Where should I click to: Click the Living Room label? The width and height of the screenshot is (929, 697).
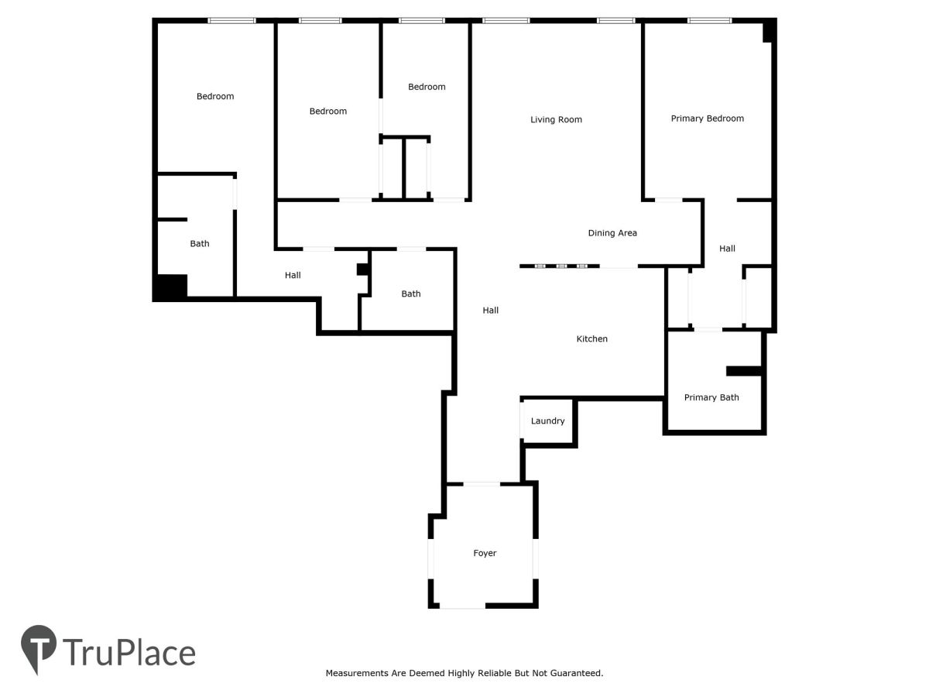(x=556, y=120)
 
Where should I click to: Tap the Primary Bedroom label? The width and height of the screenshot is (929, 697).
(x=707, y=118)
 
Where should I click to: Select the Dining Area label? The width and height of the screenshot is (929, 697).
(x=612, y=233)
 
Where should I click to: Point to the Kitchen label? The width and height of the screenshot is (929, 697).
(x=591, y=338)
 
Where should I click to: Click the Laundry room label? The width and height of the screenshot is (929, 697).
(x=547, y=421)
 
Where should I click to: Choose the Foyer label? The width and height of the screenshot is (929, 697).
(x=485, y=553)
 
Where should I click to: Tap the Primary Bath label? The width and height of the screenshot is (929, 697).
(x=711, y=397)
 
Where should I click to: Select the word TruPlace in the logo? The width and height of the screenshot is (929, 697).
(x=129, y=653)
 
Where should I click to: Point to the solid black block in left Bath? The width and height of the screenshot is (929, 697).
(x=171, y=287)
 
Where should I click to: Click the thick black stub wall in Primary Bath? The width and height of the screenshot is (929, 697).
(x=744, y=371)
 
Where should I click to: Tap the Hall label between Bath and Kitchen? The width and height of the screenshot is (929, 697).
(x=491, y=311)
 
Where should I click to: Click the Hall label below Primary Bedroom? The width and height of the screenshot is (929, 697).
(x=727, y=249)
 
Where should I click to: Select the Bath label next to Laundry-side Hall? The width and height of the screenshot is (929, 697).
(x=410, y=294)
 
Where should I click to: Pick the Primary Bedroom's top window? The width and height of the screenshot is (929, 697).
(x=709, y=20)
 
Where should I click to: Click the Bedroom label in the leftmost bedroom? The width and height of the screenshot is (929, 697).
(x=215, y=97)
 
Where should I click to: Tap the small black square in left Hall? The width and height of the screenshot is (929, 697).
(x=362, y=270)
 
